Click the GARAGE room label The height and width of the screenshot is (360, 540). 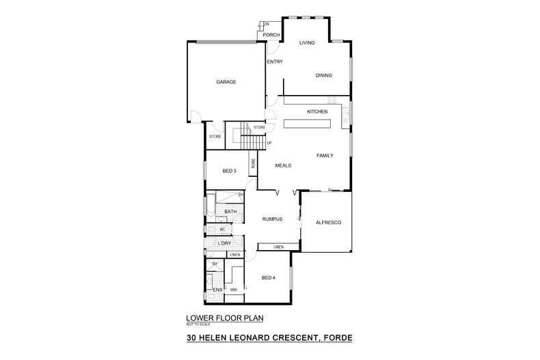point(226,82)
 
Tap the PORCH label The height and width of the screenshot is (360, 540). point(271,35)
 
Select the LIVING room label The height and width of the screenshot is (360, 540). point(307,43)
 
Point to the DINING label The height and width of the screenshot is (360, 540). point(323,75)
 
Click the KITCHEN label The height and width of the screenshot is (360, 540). point(317,111)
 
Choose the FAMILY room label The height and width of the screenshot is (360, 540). point(324,156)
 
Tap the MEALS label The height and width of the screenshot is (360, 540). point(283,165)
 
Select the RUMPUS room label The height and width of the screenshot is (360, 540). point(272,219)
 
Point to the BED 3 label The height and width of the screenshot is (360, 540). point(230,171)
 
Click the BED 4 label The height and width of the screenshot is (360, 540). point(269,277)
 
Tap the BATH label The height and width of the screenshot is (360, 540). point(230,212)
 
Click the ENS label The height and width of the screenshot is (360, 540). point(217,290)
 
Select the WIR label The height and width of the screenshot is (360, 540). point(233,290)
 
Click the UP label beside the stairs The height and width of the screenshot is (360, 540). point(269,143)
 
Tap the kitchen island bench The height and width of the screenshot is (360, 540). point(307,124)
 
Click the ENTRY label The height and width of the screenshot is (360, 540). point(275,62)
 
